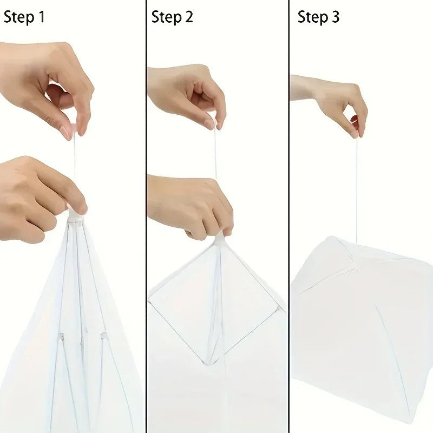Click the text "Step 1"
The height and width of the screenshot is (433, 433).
24,17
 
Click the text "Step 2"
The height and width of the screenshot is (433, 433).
172,17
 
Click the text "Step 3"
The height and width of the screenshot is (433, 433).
319,17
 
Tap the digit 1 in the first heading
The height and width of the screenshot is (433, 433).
41,17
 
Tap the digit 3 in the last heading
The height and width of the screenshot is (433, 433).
336,17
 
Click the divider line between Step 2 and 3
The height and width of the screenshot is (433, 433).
289,216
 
